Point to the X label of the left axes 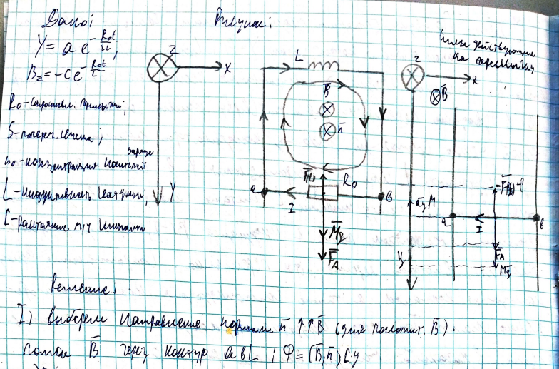pyautogui.click(x=227, y=70)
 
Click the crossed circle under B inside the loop pyautogui.click(x=327, y=109)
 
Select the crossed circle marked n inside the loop pyautogui.click(x=327, y=131)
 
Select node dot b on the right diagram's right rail pyautogui.click(x=536, y=218)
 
